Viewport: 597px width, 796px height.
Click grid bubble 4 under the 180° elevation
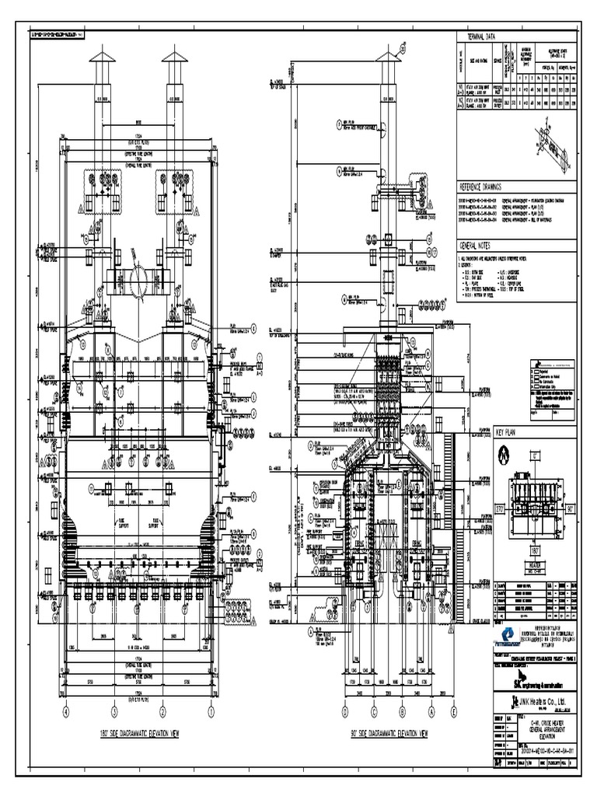(66, 711)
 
